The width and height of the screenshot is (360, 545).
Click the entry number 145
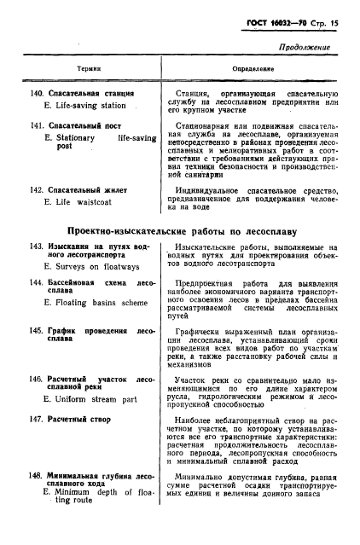[37, 330]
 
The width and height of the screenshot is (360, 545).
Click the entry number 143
[37, 246]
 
